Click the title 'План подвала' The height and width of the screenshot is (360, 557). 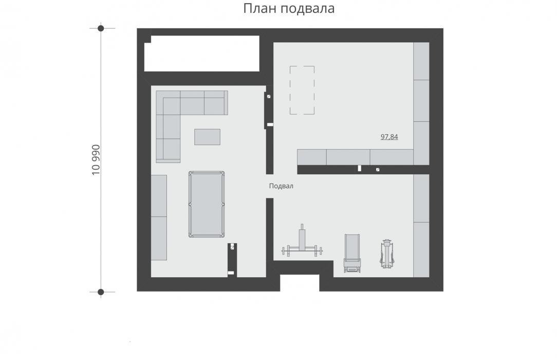pos(289,8)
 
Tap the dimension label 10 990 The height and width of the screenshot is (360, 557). pos(96,160)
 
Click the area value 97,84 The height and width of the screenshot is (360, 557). pos(389,137)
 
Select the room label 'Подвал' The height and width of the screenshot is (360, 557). pos(281,186)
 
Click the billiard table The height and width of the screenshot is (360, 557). pos(207,204)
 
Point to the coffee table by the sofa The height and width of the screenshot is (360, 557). pos(207,137)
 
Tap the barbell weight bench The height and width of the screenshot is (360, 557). pos(302,243)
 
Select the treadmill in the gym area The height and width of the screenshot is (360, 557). pos(352,254)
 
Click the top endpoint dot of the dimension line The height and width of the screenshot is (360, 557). pos(101,28)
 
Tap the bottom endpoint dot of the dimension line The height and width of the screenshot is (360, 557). pos(101,292)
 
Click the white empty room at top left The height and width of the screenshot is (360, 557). pos(202,53)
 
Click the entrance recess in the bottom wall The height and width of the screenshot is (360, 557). pos(300,283)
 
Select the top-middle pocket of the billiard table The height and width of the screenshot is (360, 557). pos(207,172)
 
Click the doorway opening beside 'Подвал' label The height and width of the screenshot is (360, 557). pos(270,186)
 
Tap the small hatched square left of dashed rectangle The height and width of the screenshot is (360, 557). pos(269,96)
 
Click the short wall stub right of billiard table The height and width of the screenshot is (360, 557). pos(232,260)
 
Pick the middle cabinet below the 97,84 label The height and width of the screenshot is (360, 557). pos(348,157)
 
